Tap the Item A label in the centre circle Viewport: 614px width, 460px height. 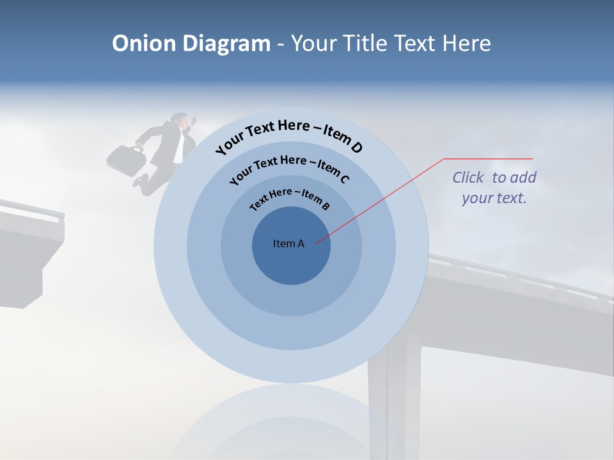288,243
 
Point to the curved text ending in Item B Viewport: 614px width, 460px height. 290,197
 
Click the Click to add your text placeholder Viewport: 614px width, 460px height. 494,187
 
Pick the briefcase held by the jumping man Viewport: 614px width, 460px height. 126,160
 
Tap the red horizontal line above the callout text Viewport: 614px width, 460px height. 488,158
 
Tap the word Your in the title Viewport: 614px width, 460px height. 315,43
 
